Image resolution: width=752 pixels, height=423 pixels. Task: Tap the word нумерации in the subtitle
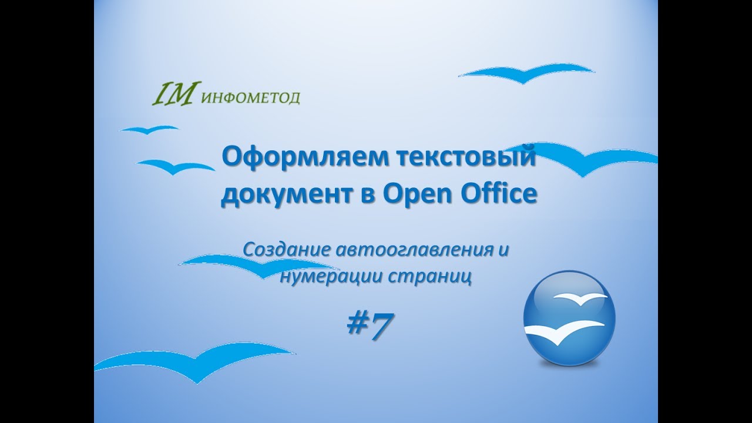331,276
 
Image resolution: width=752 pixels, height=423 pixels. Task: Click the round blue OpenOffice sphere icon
569,317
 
